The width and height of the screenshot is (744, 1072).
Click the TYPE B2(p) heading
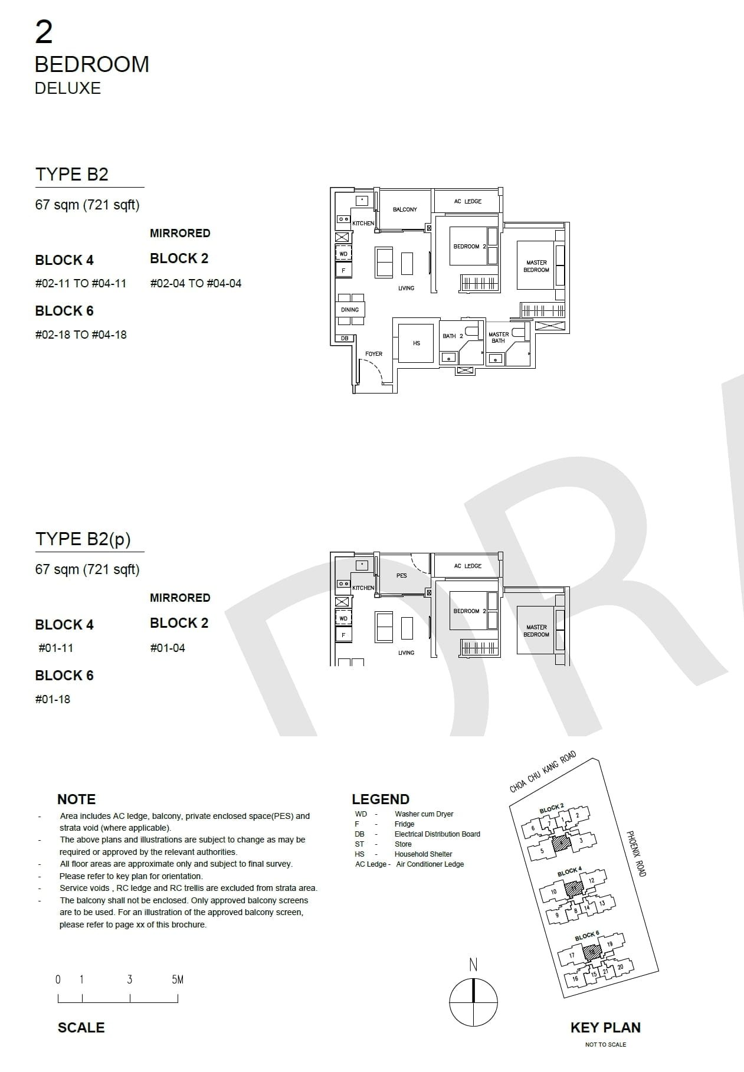pyautogui.click(x=83, y=539)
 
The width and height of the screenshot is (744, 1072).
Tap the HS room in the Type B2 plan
pyautogui.click(x=417, y=343)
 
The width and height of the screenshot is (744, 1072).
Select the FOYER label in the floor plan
pyautogui.click(x=373, y=354)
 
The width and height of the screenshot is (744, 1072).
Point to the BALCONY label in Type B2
pyautogui.click(x=405, y=209)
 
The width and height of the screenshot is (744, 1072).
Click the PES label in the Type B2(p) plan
pyautogui.click(x=402, y=575)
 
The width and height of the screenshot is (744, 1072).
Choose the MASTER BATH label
pyautogui.click(x=499, y=337)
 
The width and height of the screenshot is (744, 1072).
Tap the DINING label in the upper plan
pyautogui.click(x=350, y=310)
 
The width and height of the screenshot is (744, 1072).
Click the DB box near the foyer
pyautogui.click(x=345, y=339)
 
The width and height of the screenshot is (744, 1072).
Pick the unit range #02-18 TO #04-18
pyautogui.click(x=81, y=335)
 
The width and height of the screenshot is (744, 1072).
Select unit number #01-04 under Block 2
pyautogui.click(x=168, y=648)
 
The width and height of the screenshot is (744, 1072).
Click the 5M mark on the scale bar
pyautogui.click(x=178, y=979)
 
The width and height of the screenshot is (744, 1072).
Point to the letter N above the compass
pyautogui.click(x=473, y=965)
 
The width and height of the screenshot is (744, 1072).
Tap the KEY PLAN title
pyautogui.click(x=605, y=1027)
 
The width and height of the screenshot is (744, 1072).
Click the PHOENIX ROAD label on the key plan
pyautogui.click(x=637, y=853)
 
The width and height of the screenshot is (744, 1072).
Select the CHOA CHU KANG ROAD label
pyautogui.click(x=542, y=772)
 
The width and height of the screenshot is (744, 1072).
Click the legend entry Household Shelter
pyautogui.click(x=423, y=854)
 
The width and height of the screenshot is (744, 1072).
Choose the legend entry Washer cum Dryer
pyautogui.click(x=424, y=814)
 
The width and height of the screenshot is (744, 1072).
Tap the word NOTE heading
pyautogui.click(x=76, y=799)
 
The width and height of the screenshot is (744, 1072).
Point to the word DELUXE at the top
pyautogui.click(x=68, y=88)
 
